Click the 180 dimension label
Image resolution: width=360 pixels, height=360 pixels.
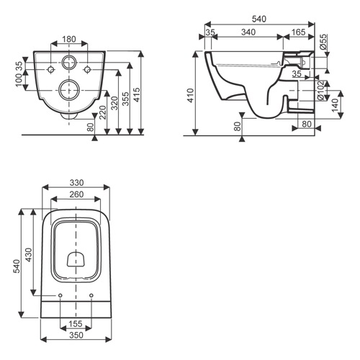click(69, 39)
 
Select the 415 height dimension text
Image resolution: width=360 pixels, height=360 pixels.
click(136, 94)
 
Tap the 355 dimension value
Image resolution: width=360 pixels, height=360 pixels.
click(125, 99)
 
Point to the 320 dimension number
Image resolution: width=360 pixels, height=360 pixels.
click(115, 103)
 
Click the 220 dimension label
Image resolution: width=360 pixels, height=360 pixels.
click(103, 112)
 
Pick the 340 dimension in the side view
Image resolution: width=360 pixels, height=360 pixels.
click(248, 32)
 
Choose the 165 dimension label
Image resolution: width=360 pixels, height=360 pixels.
click(299, 32)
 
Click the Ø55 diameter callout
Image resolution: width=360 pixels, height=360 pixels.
click(323, 42)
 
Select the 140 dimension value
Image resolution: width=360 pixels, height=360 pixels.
click(335, 105)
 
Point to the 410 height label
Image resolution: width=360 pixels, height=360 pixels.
click(191, 96)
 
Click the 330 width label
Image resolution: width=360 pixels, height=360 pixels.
click(76, 183)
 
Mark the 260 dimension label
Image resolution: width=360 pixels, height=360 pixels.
click(76, 194)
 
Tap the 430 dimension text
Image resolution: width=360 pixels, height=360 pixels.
click(29, 255)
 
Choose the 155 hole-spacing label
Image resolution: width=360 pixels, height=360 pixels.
click(76, 324)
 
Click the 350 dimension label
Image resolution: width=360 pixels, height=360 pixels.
click(76, 335)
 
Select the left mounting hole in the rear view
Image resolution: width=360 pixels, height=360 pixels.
click(51, 70)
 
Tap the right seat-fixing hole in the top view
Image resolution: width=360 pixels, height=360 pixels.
click(91, 295)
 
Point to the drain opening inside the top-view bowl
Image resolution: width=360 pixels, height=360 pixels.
click(76, 259)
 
